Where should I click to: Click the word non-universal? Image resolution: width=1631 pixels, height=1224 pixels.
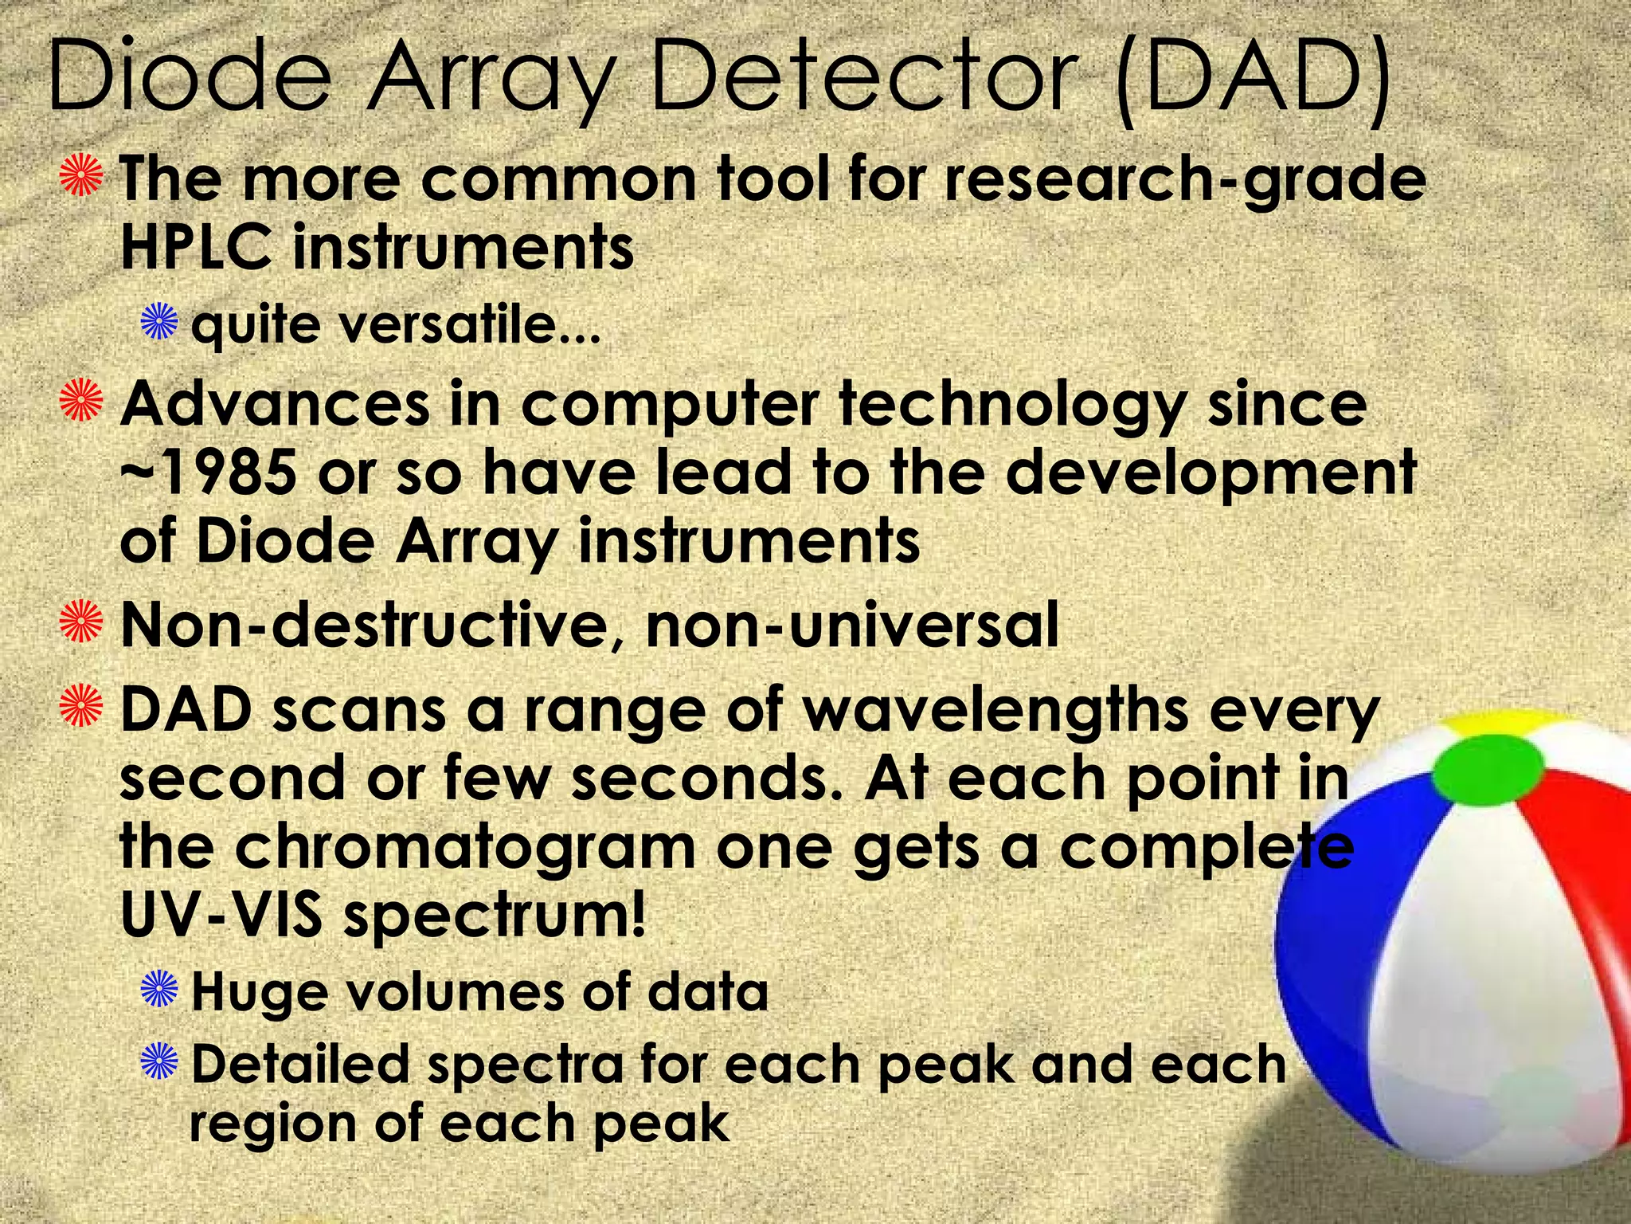coord(852,625)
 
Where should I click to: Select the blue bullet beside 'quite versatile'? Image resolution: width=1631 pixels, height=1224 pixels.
coord(159,324)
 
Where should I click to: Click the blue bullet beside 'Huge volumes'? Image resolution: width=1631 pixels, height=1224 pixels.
coord(159,991)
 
